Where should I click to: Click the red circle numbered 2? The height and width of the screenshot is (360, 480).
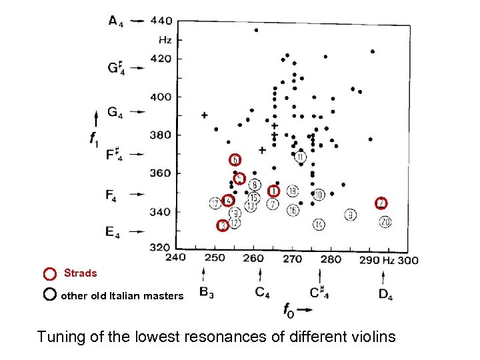[381, 203]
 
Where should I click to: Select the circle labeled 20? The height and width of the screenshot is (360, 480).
[385, 221]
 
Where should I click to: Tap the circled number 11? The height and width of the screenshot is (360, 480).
[301, 157]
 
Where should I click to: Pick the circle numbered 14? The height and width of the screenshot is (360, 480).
[319, 225]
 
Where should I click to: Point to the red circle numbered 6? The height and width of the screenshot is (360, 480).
[235, 160]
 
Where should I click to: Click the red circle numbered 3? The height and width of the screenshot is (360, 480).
[223, 226]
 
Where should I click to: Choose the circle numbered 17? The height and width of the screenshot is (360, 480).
[215, 203]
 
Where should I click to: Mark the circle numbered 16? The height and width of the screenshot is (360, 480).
[293, 210]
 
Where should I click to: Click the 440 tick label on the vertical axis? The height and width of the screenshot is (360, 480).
[161, 21]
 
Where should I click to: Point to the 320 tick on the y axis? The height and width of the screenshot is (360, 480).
[161, 247]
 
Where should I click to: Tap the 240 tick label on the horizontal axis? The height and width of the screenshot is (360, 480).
[175, 259]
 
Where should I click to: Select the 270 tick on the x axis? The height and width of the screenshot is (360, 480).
[293, 259]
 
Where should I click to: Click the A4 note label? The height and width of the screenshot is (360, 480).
[115, 21]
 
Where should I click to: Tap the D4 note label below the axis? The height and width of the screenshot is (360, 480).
[385, 294]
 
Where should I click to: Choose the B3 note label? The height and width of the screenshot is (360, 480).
[207, 293]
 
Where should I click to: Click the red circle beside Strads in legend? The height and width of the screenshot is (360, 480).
[49, 273]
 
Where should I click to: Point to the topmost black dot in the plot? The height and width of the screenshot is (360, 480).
[256, 30]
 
